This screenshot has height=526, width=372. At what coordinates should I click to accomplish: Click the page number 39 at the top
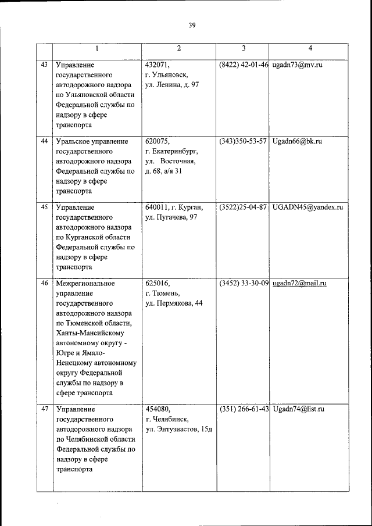pos(192,25)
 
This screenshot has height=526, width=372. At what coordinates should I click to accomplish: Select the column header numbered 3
pos(243,48)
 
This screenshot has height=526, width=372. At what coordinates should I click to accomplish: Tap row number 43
pos(44,64)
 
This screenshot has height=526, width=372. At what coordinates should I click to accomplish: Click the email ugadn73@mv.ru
pos(296,65)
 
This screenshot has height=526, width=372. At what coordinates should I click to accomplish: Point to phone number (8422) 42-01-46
pos(243,65)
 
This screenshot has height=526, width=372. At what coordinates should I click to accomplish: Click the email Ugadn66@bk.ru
pos(296,141)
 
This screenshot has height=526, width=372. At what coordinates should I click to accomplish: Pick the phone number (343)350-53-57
pos(243,141)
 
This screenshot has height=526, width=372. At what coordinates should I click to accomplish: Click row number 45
pos(44,207)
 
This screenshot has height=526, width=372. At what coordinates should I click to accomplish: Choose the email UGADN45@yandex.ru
pos(307,207)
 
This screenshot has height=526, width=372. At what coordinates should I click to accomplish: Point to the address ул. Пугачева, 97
pos(171,217)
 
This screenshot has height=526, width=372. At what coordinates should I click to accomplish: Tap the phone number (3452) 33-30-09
pos(243,283)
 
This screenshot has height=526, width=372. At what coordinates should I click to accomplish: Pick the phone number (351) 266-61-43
pos(243,409)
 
